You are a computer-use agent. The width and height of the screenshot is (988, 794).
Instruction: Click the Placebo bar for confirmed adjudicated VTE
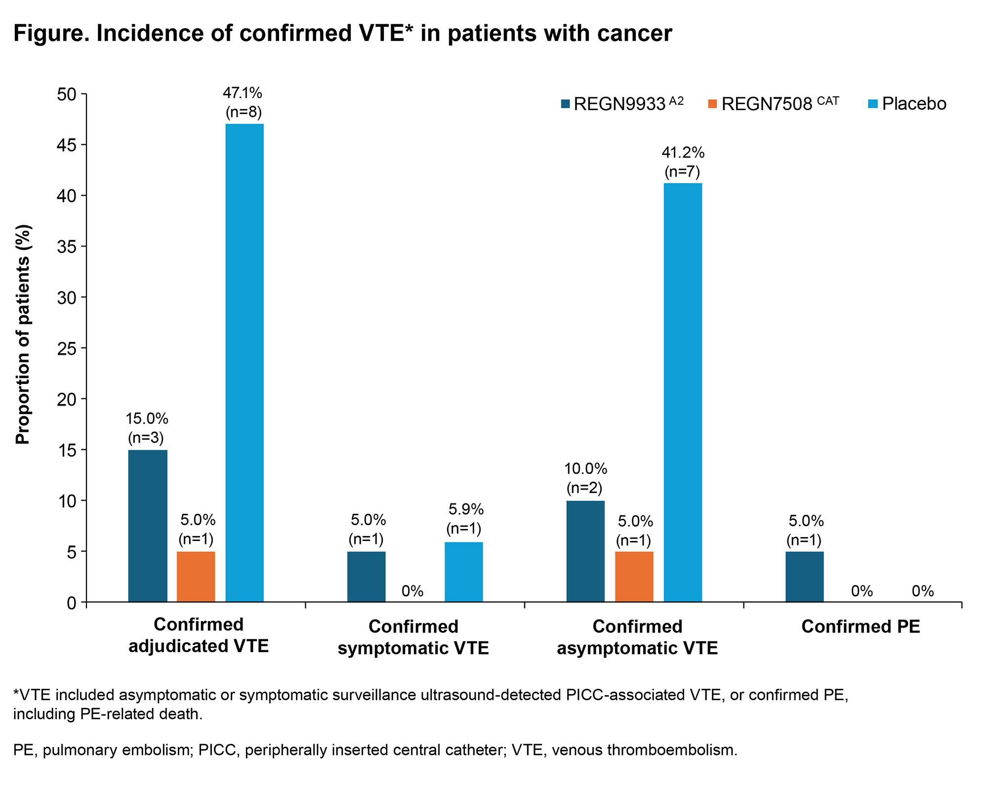pos(245,363)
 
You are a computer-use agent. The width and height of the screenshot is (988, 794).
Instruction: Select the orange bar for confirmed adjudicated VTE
pos(196,577)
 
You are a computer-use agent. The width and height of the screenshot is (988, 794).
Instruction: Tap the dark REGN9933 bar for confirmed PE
pos(804,577)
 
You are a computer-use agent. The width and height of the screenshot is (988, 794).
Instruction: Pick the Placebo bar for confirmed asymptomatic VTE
pos(682,392)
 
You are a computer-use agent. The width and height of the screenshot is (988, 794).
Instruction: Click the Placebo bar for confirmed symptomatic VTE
pos(463,572)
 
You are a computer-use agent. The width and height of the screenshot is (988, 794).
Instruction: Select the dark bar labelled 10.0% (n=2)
pos(585,551)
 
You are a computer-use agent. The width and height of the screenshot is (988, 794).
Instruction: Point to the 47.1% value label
pos(243,93)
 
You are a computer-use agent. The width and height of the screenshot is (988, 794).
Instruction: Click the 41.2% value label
pos(683,153)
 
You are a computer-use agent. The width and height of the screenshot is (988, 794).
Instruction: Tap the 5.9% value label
pos(465,509)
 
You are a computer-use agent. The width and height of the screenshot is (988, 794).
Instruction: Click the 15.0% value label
pos(147,419)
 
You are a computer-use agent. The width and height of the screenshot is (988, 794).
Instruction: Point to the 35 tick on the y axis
pos(67,247)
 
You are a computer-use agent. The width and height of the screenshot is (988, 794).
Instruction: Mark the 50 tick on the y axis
pos(67,94)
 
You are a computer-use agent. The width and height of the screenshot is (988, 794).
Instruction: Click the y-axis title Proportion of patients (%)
pos(23,334)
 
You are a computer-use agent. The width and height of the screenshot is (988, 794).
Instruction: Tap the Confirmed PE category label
pos(861,627)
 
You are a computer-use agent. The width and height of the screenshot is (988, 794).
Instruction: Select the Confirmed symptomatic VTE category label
pos(413,637)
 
